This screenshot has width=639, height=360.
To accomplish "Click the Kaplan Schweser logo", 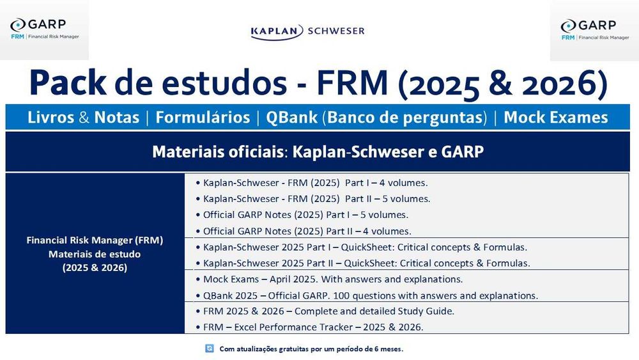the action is point(308,31).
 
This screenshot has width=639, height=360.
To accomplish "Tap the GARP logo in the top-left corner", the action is point(45,29).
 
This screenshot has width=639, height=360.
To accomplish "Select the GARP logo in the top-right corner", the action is point(594,30).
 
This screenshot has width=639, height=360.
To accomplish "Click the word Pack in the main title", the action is point(68,82).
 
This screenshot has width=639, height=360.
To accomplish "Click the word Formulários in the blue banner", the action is point(203,118).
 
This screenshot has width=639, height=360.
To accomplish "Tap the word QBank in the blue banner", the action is point(291,118).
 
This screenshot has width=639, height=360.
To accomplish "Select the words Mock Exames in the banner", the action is point(556,118).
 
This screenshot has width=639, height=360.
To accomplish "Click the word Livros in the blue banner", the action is point(50,118).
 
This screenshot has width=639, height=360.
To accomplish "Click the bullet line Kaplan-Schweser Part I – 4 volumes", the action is point(312,183).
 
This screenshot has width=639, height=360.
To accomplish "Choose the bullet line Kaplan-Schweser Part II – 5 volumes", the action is point(313,199).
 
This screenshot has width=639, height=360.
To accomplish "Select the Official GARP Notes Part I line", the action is point(302,215).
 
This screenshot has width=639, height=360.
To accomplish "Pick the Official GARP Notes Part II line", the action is point(304,231).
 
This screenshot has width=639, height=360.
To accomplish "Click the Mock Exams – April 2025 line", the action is point(329,279).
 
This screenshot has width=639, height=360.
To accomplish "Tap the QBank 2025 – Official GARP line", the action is point(367,295).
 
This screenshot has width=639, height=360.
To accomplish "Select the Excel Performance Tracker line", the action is point(310,327).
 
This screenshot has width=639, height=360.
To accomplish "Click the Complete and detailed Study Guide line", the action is point(325,311).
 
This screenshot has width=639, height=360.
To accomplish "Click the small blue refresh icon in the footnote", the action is point(210,348).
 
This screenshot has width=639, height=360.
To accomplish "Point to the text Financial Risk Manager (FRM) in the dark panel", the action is point(95,240).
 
